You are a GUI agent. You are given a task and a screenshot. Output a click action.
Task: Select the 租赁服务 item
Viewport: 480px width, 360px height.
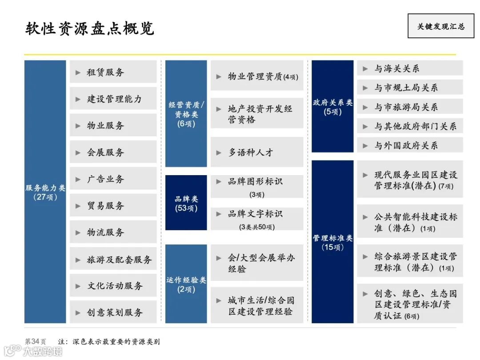click(106, 72)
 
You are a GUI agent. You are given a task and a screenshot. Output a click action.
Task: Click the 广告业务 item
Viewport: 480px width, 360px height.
click(106, 179)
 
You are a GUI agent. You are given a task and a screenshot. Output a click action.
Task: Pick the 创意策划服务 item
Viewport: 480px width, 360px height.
click(115, 312)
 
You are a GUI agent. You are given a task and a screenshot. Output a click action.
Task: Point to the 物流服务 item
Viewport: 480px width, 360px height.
click(106, 232)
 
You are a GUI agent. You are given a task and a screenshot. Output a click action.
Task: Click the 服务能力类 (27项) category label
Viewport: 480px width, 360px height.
click(45, 192)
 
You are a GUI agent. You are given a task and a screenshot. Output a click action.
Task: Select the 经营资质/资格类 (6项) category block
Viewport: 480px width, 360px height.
click(186, 114)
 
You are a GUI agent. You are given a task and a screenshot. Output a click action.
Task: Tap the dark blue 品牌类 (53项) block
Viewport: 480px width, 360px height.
click(186, 203)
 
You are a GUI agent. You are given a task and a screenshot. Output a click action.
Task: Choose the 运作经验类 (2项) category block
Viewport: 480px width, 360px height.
click(186, 284)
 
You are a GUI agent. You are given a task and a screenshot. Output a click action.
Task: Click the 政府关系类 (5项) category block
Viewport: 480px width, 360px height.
click(333, 107)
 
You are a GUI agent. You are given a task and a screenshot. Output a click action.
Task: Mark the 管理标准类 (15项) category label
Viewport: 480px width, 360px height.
click(333, 242)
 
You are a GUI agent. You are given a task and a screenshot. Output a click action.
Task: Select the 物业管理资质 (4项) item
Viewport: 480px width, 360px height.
click(263, 76)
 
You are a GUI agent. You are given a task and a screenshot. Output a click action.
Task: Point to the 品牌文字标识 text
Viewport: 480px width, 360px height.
click(255, 214)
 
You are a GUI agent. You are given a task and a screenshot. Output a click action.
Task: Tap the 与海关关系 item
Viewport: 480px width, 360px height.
click(396, 68)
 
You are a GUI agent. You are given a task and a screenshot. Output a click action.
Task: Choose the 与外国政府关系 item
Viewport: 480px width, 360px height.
click(406, 145)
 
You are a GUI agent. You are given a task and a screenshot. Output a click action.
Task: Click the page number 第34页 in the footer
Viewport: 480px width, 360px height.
click(35, 341)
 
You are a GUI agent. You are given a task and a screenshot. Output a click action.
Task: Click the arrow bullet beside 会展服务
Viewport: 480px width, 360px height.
click(78, 152)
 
